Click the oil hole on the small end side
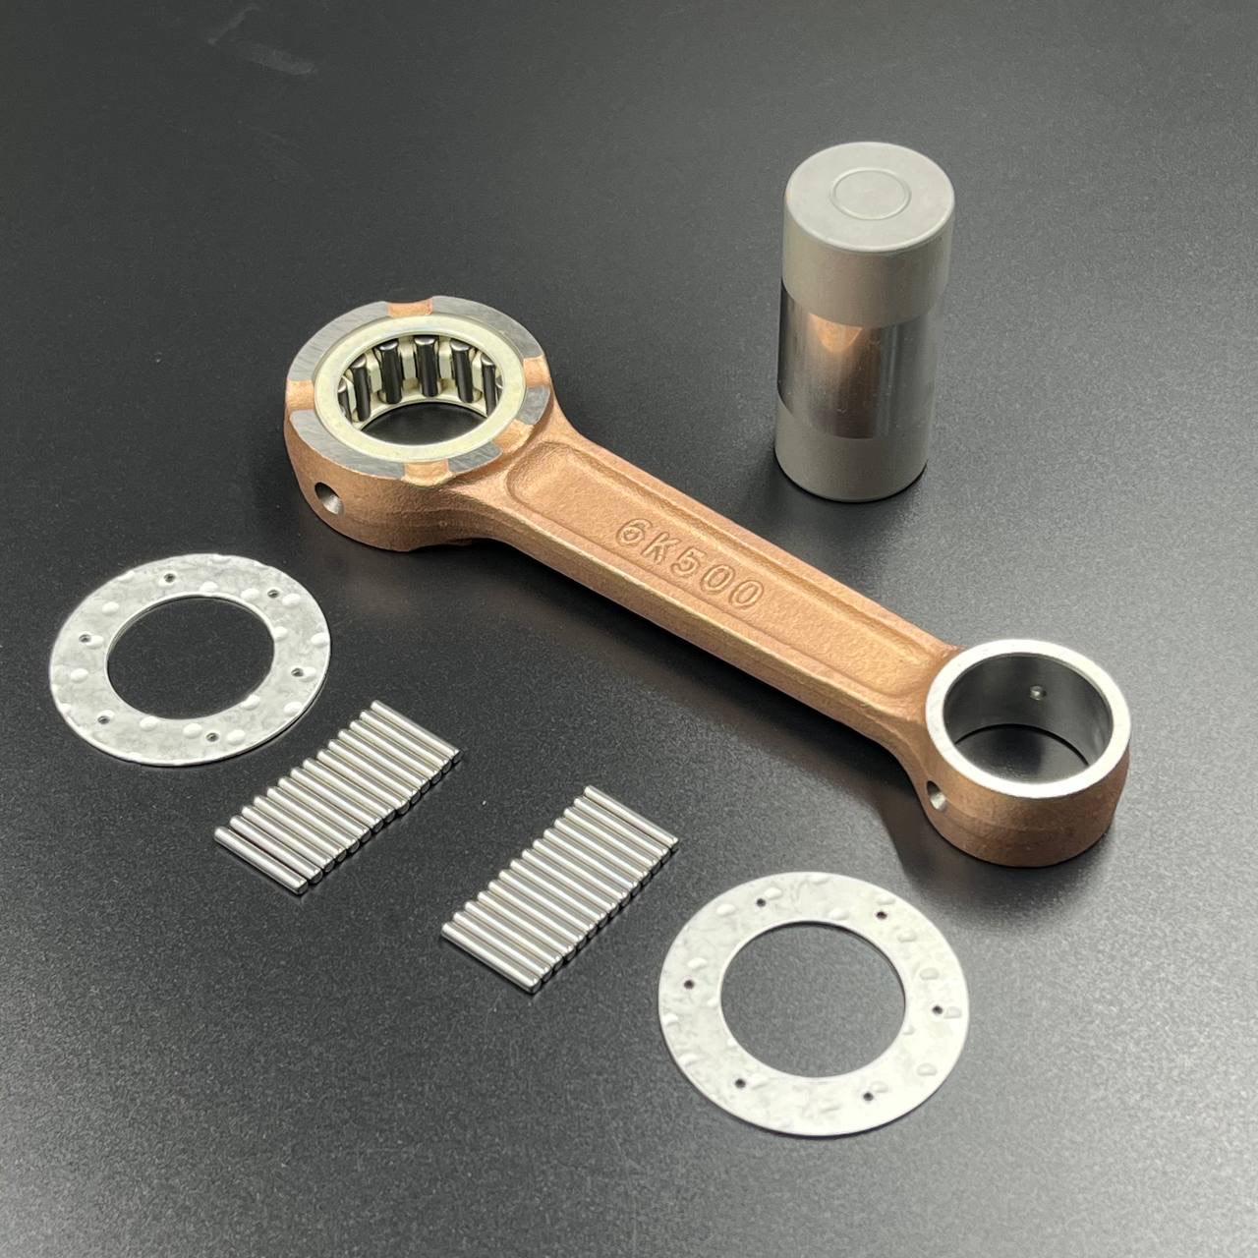[x=936, y=798]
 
